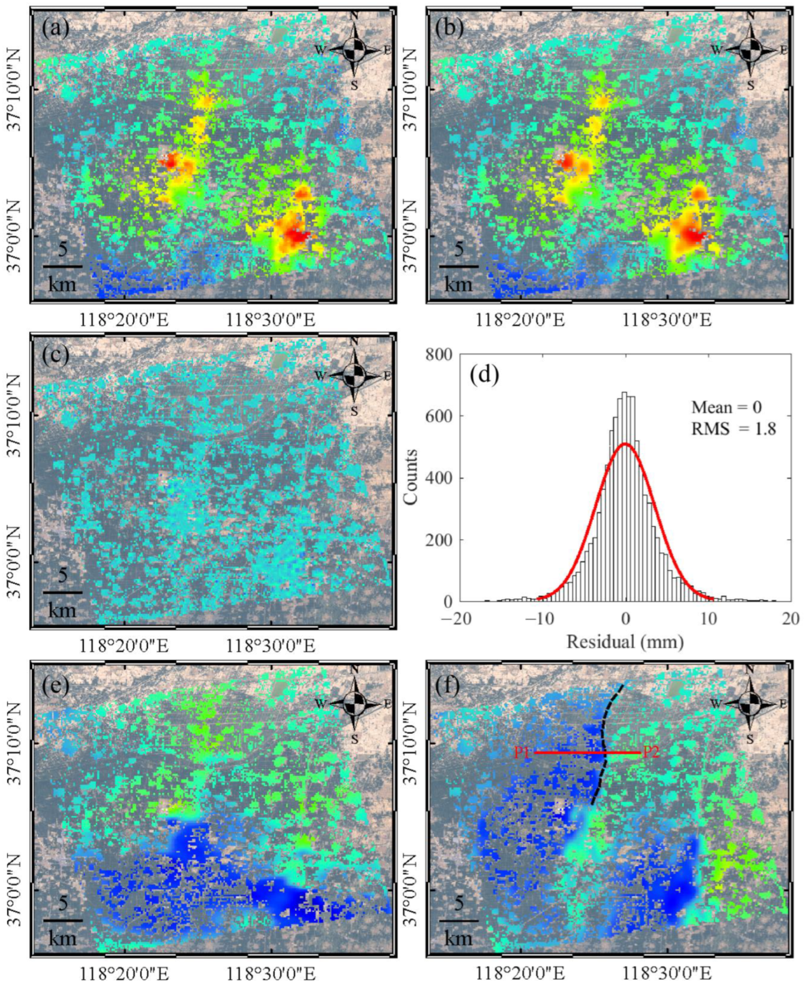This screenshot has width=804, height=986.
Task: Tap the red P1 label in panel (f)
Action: pos(522,753)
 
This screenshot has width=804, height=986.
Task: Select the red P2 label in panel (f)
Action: pos(651,752)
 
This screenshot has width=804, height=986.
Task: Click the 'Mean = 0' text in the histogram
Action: pos(726,407)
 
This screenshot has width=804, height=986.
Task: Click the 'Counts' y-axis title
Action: pos(411,477)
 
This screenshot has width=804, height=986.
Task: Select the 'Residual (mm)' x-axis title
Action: pos(625,642)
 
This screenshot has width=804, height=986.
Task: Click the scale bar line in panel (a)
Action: pos(63,267)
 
